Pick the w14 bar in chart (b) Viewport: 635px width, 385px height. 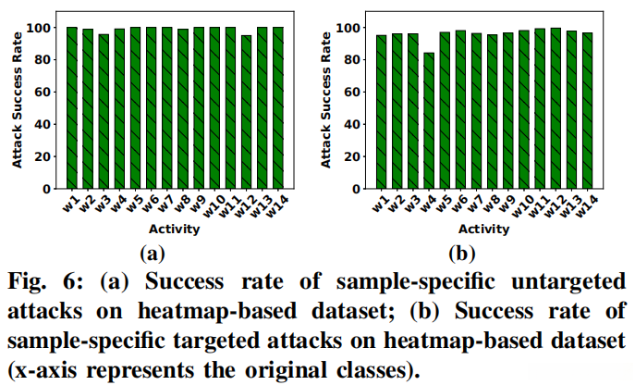(x=586, y=110)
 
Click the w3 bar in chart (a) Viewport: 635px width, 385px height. (x=104, y=111)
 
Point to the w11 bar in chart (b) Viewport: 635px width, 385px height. (x=539, y=108)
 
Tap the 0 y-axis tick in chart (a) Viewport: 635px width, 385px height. (x=52, y=189)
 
